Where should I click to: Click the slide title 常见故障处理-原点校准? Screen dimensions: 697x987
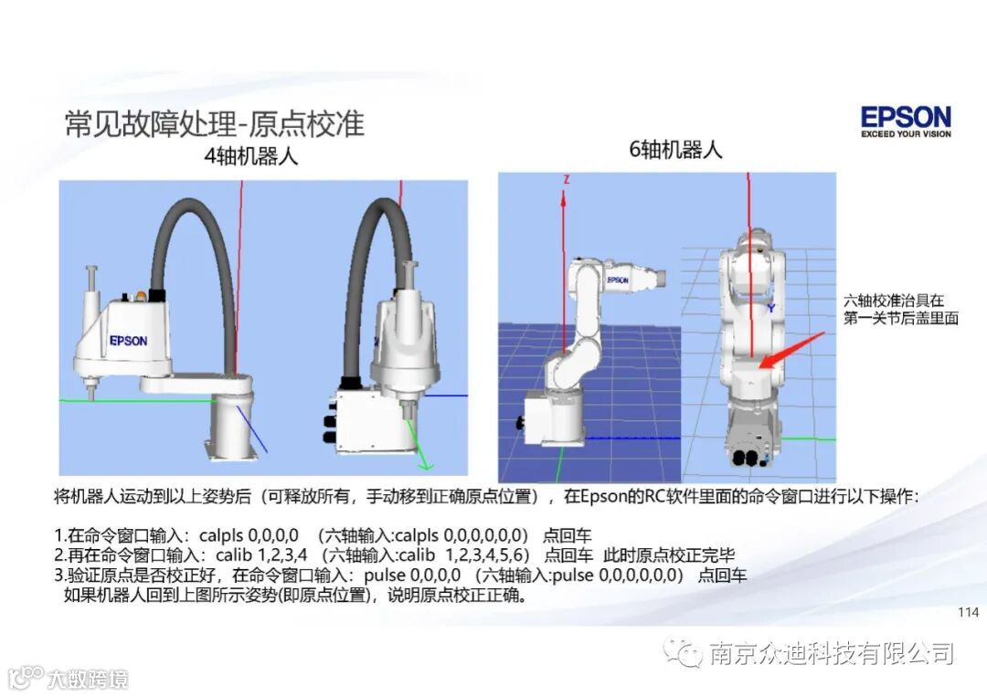pyautogui.click(x=215, y=123)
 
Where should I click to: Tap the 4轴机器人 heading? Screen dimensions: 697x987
pyautogui.click(x=251, y=155)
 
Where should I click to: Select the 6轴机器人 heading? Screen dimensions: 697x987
pyautogui.click(x=676, y=151)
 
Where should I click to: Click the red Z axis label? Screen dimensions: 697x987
pyautogui.click(x=567, y=180)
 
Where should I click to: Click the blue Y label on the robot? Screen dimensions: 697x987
pyautogui.click(x=771, y=308)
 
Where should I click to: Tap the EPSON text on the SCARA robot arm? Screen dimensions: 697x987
pyautogui.click(x=128, y=341)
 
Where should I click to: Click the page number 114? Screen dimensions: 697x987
pyautogui.click(x=968, y=612)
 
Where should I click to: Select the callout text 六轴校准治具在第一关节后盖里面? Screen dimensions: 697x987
pyautogui.click(x=900, y=310)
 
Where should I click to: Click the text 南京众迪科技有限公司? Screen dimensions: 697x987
pyautogui.click(x=832, y=653)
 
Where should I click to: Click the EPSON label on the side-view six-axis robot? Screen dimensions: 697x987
pyautogui.click(x=618, y=280)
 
